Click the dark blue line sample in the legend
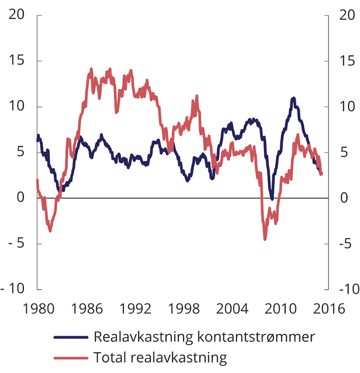coord(71,337)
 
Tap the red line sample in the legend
coord(71,358)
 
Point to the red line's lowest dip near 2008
coord(265,239)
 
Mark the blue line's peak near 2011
coord(293,98)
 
